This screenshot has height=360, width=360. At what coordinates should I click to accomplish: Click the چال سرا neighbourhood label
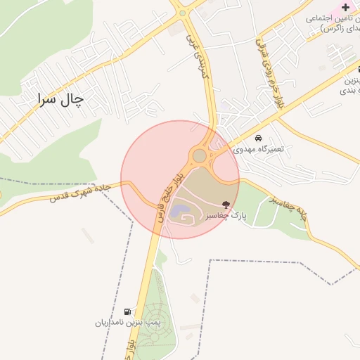(60, 99)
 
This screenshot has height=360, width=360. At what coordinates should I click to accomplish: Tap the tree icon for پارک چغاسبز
(226, 204)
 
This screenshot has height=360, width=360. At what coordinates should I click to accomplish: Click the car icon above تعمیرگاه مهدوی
(259, 138)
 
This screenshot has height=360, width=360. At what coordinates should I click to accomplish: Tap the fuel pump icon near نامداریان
(127, 311)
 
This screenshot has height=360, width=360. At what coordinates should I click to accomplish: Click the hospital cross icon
(345, 7)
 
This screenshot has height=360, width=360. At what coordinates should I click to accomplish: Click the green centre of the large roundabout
(200, 155)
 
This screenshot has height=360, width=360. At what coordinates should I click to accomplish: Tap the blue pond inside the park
(180, 210)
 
